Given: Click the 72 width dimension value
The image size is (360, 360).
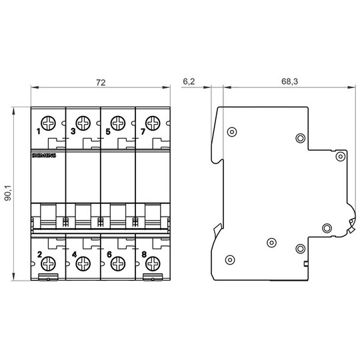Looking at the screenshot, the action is click(x=101, y=83).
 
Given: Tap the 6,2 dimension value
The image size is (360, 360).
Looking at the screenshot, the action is click(x=189, y=81).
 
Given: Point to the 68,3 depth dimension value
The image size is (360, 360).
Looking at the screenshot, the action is click(x=289, y=81).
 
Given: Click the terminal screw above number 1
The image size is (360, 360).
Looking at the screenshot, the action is click(x=48, y=123).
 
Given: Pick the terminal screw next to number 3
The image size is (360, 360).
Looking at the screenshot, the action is click(x=83, y=123).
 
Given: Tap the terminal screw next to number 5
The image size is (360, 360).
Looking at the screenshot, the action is click(x=118, y=123).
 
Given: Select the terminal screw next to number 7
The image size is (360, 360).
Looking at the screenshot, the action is click(x=153, y=123).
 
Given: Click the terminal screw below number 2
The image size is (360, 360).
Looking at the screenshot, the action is click(x=48, y=264).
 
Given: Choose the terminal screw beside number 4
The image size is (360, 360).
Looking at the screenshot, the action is click(x=83, y=264).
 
